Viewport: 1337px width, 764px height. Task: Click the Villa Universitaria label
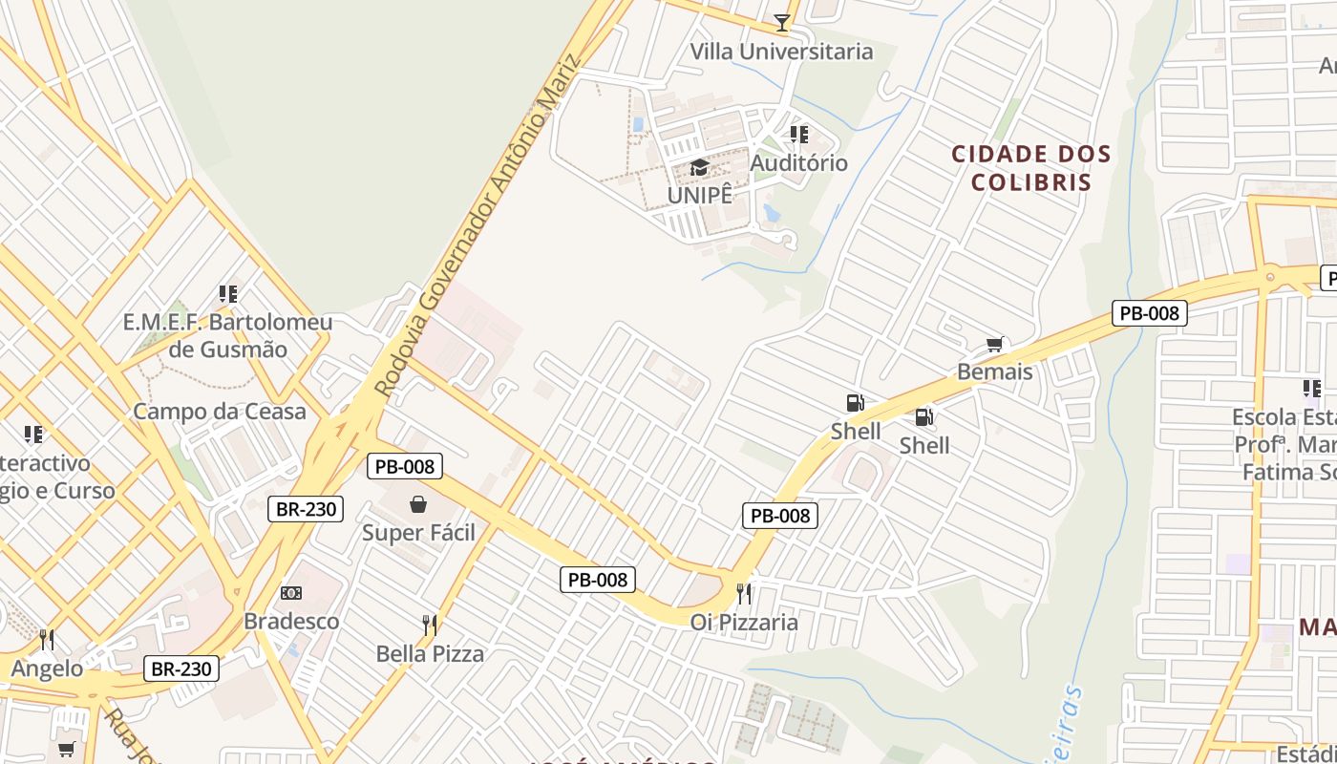click(x=781, y=52)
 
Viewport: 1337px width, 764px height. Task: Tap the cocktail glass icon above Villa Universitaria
click(x=782, y=21)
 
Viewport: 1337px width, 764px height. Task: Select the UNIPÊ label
click(x=700, y=195)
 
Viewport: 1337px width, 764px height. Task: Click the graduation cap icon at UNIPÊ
click(x=700, y=168)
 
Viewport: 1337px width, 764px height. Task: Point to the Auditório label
click(x=798, y=163)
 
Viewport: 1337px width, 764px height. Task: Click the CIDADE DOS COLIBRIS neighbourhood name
click(x=1031, y=168)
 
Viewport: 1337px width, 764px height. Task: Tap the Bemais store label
click(x=995, y=371)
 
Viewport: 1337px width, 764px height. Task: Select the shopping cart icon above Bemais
click(x=995, y=344)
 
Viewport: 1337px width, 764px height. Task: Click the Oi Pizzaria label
click(x=744, y=623)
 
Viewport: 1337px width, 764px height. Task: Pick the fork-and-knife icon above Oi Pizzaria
click(x=744, y=594)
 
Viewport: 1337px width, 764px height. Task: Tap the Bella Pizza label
click(x=430, y=654)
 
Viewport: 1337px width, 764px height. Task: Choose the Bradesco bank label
click(x=291, y=622)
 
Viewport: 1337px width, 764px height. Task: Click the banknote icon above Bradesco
click(x=291, y=593)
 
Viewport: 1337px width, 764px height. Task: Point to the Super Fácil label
click(x=418, y=533)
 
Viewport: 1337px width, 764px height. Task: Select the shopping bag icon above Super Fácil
click(x=418, y=504)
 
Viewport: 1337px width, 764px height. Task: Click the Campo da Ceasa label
click(x=220, y=412)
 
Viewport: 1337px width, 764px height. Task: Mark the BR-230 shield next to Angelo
click(x=181, y=668)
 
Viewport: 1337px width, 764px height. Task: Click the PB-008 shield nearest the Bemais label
click(x=1149, y=312)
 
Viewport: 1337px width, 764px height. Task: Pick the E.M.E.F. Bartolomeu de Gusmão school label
click(x=227, y=335)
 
